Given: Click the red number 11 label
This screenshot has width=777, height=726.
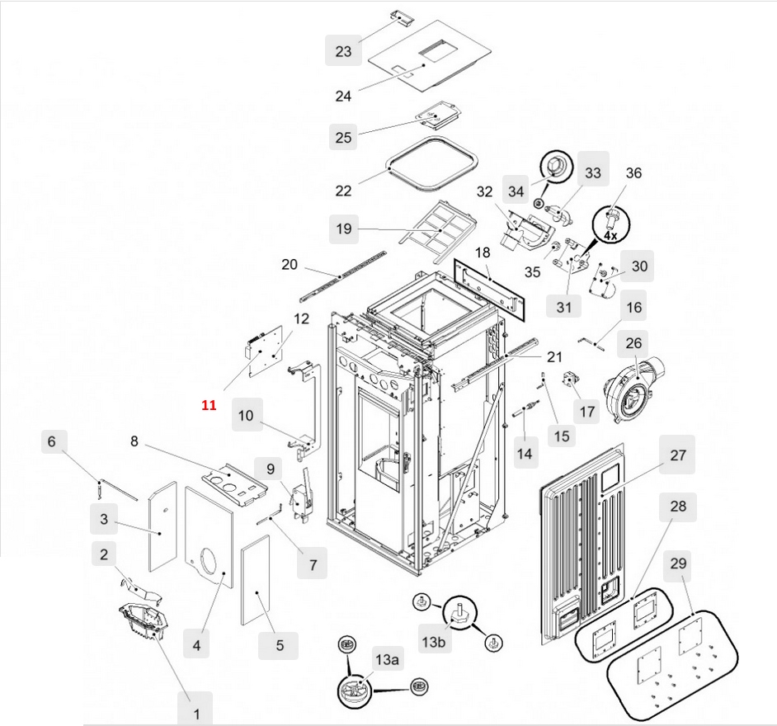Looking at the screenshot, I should click(209, 405).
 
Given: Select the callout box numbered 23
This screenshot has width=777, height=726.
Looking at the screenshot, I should click(343, 51).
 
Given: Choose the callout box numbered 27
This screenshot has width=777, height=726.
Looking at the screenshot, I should click(677, 455).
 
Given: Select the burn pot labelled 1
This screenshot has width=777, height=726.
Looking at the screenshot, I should click(141, 620).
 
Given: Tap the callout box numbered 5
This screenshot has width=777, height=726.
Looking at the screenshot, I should click(279, 645).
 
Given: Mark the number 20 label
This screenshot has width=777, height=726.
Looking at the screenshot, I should click(289, 265).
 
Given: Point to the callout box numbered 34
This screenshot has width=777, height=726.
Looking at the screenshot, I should click(516, 191).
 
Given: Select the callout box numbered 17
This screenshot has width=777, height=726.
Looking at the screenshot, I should click(586, 409).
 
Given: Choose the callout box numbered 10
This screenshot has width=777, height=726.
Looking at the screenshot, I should click(246, 415).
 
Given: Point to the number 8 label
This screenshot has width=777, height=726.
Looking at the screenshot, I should click(134, 441).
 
